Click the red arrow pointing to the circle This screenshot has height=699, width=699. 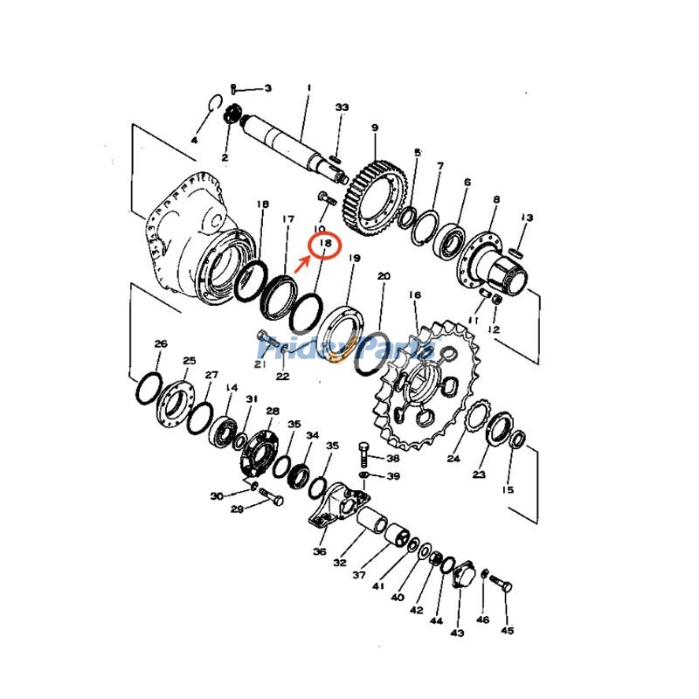point(303,262)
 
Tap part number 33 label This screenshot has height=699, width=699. point(342,107)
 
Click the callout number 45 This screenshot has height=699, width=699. point(508,630)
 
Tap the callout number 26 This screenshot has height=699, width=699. point(160,343)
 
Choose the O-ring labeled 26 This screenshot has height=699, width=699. point(148,387)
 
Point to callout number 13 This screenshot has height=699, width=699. point(527,218)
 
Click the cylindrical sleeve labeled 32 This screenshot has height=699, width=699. point(373,522)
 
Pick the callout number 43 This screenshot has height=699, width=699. point(456,632)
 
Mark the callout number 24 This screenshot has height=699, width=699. point(453,458)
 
